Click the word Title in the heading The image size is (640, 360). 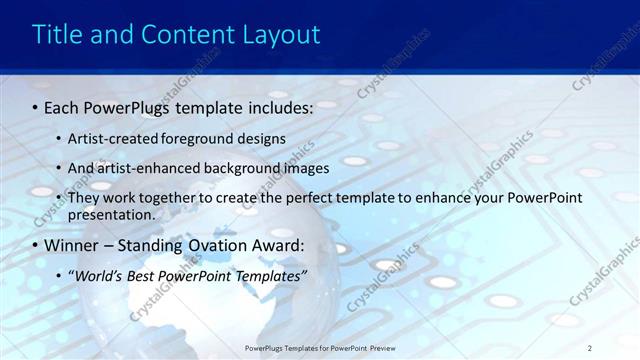[x=57, y=35]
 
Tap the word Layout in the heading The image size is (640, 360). [x=279, y=35]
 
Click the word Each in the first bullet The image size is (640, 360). [x=64, y=106]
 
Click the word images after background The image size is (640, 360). [x=306, y=168]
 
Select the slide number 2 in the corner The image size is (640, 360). [x=590, y=347]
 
